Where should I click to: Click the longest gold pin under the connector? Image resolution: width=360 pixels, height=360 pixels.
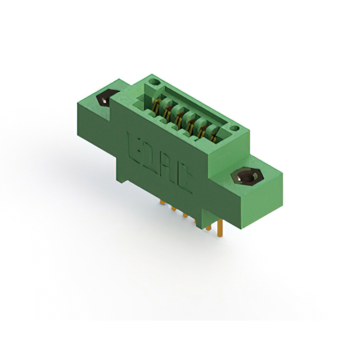(x=220, y=228)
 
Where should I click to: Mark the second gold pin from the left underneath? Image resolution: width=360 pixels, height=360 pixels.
(x=173, y=210)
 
